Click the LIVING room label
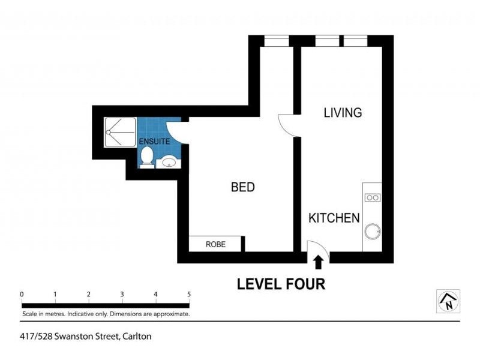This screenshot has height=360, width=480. (343, 113)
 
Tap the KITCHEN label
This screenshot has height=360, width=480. (334, 218)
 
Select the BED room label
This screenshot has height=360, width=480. (243, 187)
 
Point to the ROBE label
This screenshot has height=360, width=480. (215, 244)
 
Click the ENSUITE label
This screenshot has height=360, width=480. (154, 142)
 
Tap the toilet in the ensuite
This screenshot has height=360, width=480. (147, 157)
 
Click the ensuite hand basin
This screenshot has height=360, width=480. (169, 161)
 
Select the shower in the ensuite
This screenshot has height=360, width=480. (120, 132)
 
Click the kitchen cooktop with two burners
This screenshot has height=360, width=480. (373, 198)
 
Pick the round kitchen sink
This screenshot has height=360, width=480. (373, 232)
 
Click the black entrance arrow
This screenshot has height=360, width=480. (319, 262)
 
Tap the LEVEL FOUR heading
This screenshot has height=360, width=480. (281, 284)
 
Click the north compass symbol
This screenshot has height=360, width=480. (448, 301)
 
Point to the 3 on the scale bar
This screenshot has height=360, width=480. (122, 294)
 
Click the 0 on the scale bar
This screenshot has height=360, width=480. (22, 294)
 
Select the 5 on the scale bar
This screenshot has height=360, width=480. (189, 294)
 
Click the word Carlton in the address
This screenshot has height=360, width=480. (137, 337)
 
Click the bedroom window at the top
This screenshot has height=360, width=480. (277, 41)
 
